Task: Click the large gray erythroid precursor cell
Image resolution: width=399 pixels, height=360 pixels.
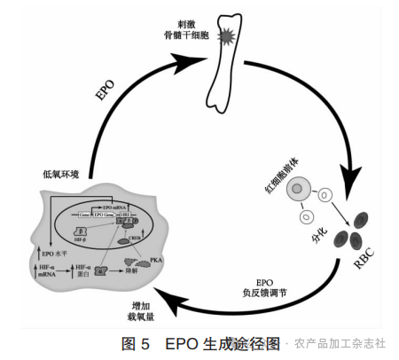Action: tap(299, 188)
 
